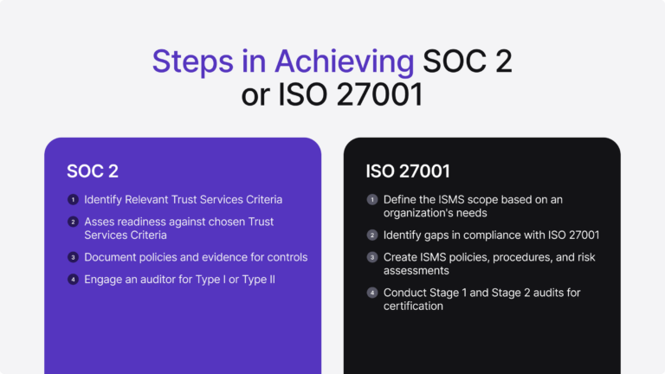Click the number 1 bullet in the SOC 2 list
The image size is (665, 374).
pyautogui.click(x=74, y=200)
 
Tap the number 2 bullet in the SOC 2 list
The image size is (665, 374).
pyautogui.click(x=74, y=222)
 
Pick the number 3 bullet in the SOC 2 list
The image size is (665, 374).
pyautogui.click(x=74, y=257)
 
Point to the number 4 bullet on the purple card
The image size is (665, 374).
pyautogui.click(x=74, y=280)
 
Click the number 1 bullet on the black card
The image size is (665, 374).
pyautogui.click(x=372, y=200)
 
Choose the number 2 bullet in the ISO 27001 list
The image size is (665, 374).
pyautogui.click(x=372, y=235)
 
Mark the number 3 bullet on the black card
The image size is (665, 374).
pyautogui.click(x=372, y=258)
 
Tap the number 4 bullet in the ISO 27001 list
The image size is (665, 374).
pyautogui.click(x=372, y=293)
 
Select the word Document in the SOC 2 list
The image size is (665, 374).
pyautogui.click(x=112, y=257)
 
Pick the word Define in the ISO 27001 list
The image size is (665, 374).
pyautogui.click(x=401, y=200)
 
